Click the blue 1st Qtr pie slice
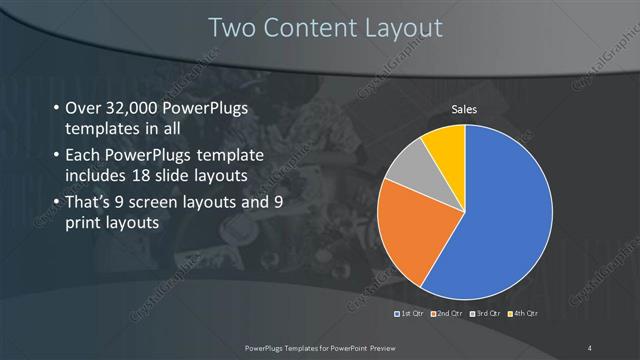500,220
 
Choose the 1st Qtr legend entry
411,314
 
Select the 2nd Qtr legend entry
447,314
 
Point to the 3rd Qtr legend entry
484,314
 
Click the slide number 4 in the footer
590,346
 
